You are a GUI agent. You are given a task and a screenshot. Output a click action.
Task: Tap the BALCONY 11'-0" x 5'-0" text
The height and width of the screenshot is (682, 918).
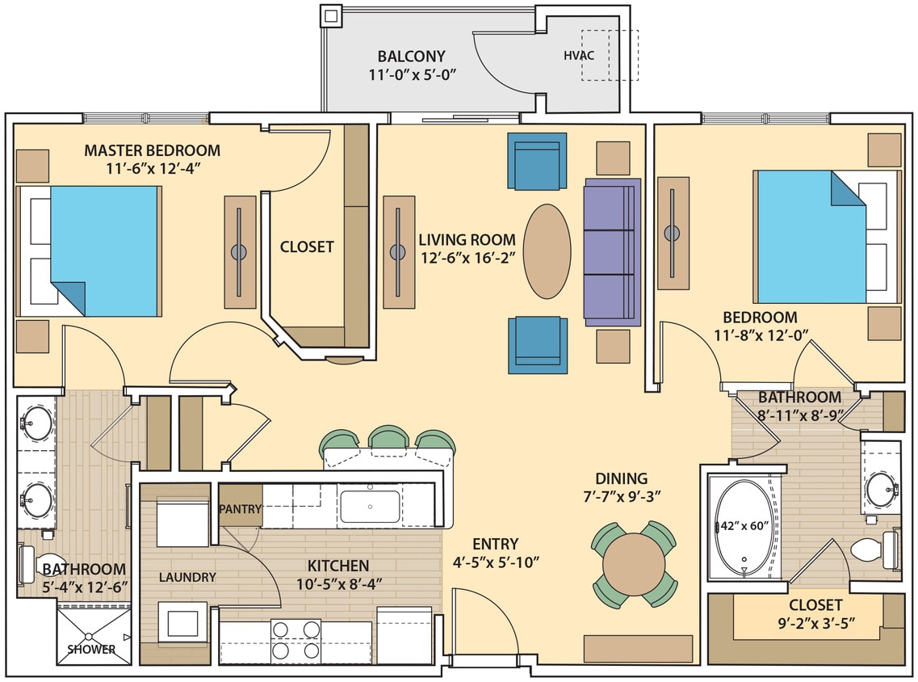tap(411, 65)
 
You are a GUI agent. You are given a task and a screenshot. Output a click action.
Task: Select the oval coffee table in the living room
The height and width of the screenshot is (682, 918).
tap(553, 251)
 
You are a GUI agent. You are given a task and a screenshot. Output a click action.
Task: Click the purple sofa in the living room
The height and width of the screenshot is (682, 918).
tap(611, 252)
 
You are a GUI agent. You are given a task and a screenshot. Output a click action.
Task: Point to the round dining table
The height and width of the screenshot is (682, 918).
tap(635, 563)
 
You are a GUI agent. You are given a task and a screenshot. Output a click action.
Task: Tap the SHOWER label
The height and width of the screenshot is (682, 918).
tap(91, 649)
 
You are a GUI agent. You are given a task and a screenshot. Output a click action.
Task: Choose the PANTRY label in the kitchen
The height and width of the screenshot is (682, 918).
tap(240, 509)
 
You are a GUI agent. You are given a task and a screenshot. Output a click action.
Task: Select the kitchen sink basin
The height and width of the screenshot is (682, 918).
tap(370, 507)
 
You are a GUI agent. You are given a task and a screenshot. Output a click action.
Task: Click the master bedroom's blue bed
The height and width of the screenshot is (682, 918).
tap(103, 250)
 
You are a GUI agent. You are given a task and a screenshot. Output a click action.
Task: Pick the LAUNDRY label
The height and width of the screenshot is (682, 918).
tap(187, 577)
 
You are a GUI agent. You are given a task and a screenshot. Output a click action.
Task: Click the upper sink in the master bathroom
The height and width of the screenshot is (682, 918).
tap(36, 423)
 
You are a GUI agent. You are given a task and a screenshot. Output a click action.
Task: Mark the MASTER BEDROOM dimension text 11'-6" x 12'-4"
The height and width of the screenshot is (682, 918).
tap(153, 168)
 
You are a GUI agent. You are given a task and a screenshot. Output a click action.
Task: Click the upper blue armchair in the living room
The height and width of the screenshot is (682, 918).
tap(536, 161)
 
